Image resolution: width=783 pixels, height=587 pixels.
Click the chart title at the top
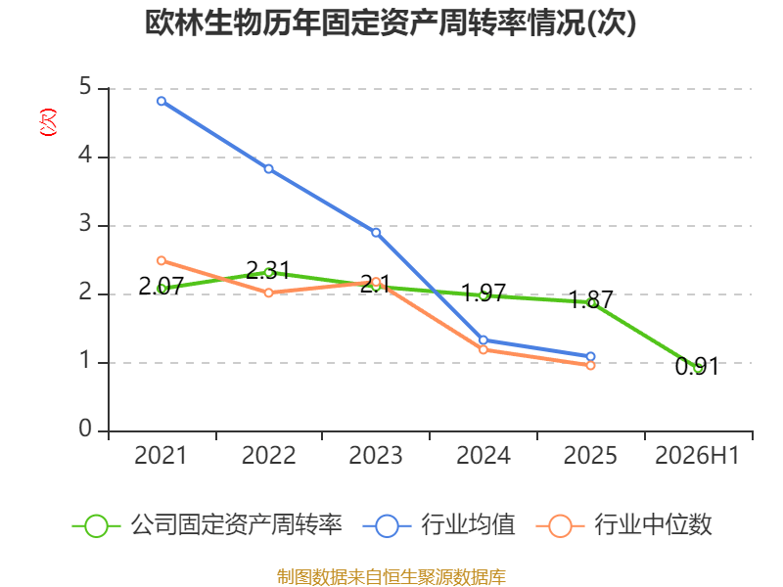click(391, 23)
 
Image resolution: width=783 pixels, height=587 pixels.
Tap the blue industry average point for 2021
click(161, 102)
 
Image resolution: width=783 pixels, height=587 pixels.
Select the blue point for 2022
click(268, 169)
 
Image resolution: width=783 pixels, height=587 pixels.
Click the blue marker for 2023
click(376, 233)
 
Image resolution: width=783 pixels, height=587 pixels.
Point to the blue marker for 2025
click(590, 356)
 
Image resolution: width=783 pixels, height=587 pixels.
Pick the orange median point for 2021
click(161, 260)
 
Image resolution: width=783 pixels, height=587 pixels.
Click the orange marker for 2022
click(268, 293)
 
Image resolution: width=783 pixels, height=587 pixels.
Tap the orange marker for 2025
click(590, 365)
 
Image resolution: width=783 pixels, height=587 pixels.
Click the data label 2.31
click(268, 270)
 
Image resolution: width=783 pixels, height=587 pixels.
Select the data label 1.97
click(484, 293)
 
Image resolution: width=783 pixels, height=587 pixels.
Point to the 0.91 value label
click(697, 367)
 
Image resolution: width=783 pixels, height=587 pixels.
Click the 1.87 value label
click(591, 299)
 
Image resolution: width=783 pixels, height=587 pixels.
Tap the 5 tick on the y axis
click(85, 87)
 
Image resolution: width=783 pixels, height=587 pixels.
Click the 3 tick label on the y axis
click(85, 224)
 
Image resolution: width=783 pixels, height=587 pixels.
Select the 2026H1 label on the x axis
click(697, 456)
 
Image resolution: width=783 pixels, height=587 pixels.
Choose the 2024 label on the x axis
click(484, 456)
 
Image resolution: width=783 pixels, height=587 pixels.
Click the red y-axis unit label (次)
click(48, 122)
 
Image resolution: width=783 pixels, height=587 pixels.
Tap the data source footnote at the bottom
click(391, 577)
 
